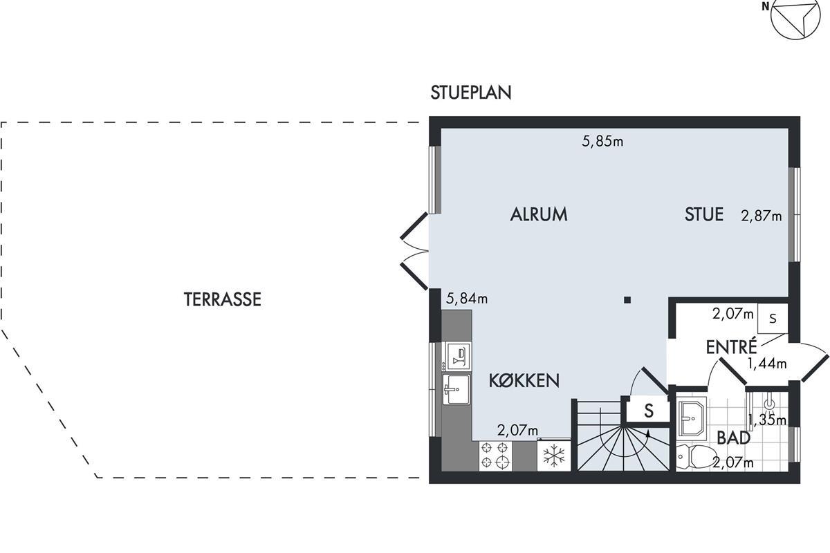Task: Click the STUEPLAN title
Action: pyautogui.click(x=471, y=93)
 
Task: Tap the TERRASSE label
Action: pyautogui.click(x=223, y=299)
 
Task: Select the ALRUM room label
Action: pyautogui.click(x=539, y=214)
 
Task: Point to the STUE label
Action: pyautogui.click(x=704, y=214)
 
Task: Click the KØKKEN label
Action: pyautogui.click(x=524, y=380)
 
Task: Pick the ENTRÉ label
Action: pyautogui.click(x=732, y=346)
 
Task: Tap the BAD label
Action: pyautogui.click(x=734, y=438)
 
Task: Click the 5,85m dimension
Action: pyautogui.click(x=603, y=141)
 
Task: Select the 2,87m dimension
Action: pyautogui.click(x=762, y=216)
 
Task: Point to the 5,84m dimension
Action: pyautogui.click(x=467, y=298)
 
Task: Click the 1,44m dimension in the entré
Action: pyautogui.click(x=767, y=364)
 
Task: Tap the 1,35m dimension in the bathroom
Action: pyautogui.click(x=767, y=420)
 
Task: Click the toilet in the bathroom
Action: pyautogui.click(x=696, y=457)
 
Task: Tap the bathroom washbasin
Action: pyautogui.click(x=692, y=417)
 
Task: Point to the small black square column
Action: pyautogui.click(x=627, y=300)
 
